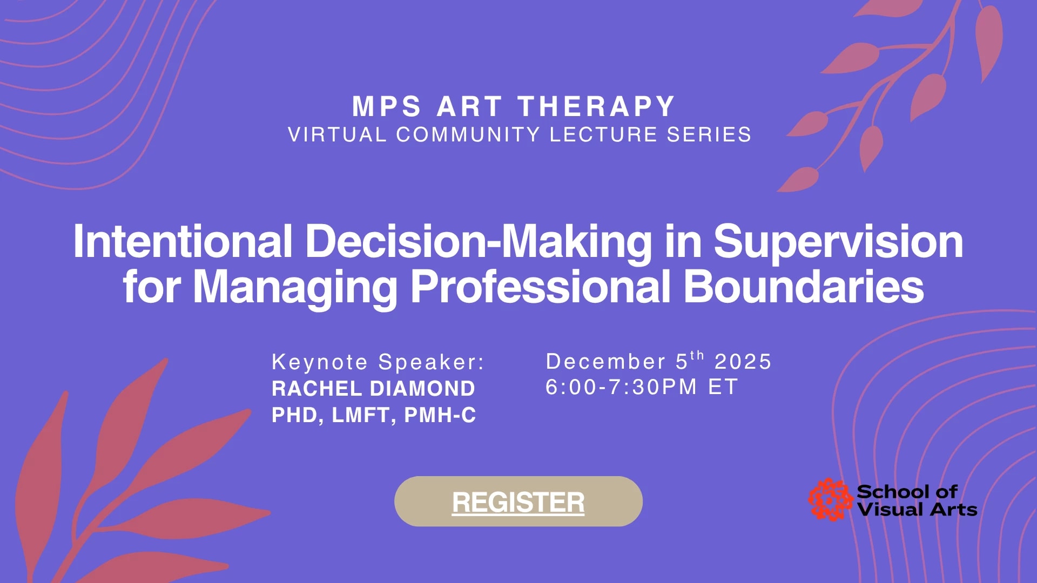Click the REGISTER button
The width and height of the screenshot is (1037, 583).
coord(518,501)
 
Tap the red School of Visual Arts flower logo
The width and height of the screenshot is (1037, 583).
coord(830,500)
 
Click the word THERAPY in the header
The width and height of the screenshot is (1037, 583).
coord(596,106)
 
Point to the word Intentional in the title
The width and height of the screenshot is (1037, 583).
coord(183,241)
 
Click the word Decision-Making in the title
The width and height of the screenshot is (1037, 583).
coord(479,241)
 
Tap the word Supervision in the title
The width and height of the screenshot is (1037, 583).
coord(838,241)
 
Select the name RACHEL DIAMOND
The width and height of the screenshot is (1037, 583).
coord(373,389)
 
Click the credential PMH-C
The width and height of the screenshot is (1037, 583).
coord(440,415)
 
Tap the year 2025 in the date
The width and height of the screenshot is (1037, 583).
coord(743,362)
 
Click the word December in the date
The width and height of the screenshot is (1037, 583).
coord(605,362)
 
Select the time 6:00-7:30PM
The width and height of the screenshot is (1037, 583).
coord(621,387)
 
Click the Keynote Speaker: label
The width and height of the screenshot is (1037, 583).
coord(378,362)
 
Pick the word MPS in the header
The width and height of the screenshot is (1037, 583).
coord(386,106)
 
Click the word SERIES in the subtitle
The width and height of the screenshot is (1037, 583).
coord(709,134)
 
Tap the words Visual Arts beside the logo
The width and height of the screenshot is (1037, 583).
coord(917,510)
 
